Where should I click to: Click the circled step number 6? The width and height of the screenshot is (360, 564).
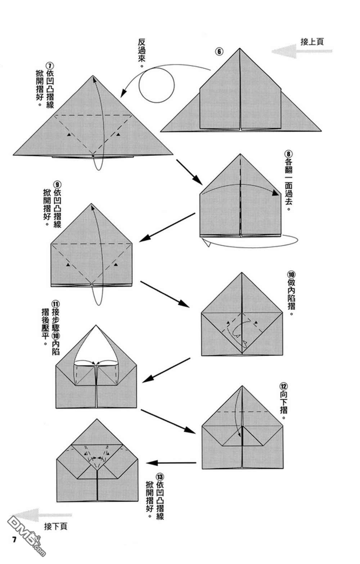tap(219, 51)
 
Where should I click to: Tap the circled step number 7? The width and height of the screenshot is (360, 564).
tap(50, 66)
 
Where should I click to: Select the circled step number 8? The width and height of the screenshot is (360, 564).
tap(288, 154)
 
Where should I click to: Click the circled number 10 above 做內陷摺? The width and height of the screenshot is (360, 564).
tap(291, 275)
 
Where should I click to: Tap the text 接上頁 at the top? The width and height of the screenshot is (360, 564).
tap(312, 41)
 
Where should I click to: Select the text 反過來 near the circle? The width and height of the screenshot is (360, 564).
tap(142, 53)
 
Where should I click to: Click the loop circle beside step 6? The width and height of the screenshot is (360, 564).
tap(157, 85)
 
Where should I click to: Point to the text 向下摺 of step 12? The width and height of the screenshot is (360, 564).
tap(284, 405)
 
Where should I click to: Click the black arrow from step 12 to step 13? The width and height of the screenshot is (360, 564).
tap(171, 463)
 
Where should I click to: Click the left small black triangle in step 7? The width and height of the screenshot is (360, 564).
tap(69, 135)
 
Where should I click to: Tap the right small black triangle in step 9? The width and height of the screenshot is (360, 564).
tap(116, 265)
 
